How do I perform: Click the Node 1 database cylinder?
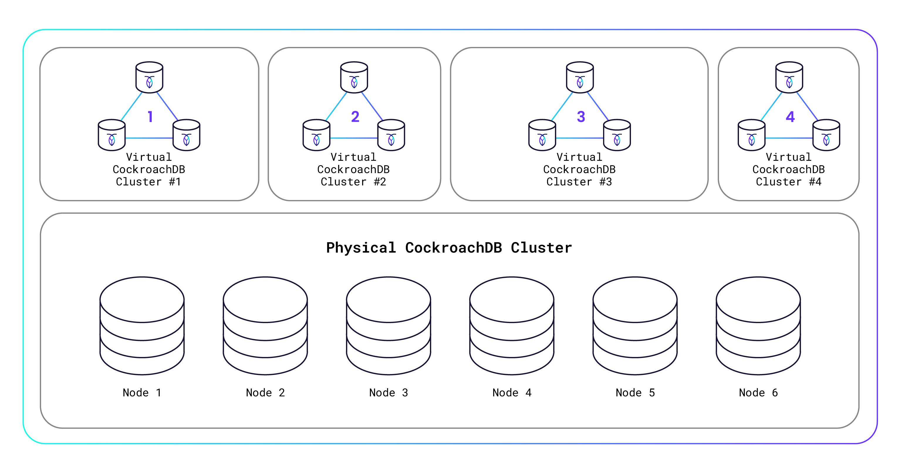tap(142, 326)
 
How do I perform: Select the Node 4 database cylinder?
tap(512, 326)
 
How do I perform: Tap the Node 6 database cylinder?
tap(758, 326)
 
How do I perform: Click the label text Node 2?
tap(265, 393)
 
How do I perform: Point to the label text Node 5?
tap(635, 393)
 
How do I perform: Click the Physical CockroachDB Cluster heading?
tap(449, 248)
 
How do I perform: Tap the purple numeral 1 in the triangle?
tap(150, 117)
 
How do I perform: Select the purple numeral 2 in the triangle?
tap(355, 117)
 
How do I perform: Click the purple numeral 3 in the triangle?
tap(581, 117)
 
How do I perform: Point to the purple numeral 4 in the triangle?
tap(790, 117)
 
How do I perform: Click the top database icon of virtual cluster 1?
tap(149, 77)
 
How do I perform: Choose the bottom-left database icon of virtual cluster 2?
tap(316, 135)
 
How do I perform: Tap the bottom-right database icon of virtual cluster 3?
tap(617, 135)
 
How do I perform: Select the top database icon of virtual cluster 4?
tap(789, 77)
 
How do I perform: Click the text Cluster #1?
tap(148, 182)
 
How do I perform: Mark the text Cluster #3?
tap(579, 182)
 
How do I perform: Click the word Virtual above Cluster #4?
tap(788, 157)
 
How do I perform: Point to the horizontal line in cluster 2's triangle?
tap(354, 138)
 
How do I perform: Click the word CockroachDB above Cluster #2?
tap(353, 170)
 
